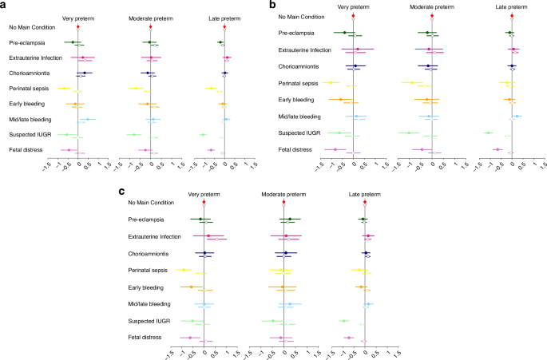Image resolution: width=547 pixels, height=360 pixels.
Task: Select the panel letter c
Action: coord(121,192)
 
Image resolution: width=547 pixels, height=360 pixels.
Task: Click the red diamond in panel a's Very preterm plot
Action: coord(78,27)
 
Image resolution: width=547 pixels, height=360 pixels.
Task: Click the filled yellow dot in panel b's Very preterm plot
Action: coord(331,82)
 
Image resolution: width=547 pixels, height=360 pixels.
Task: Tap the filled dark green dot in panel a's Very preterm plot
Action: coord(73,42)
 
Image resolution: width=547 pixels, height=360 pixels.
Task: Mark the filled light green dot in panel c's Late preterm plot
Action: coord(343,320)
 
